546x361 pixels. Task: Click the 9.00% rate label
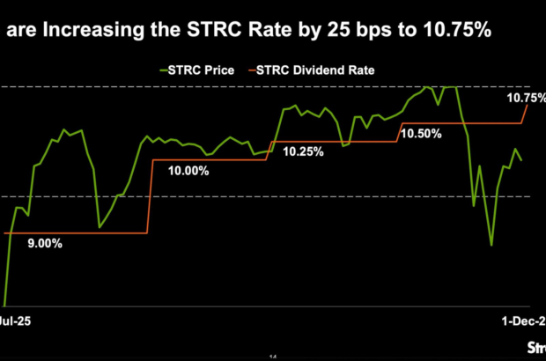[44, 244]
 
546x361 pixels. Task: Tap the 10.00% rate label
[188, 171]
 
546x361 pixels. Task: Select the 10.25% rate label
[303, 151]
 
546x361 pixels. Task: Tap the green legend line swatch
[164, 70]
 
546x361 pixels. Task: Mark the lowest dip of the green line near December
[491, 245]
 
